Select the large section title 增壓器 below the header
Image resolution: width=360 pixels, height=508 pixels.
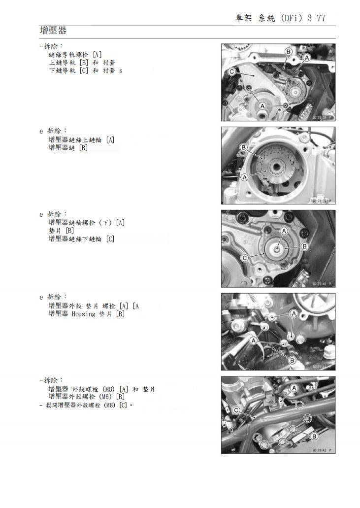53,31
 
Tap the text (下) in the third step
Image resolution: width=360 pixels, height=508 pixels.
106,223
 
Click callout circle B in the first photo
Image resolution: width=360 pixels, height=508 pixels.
289,52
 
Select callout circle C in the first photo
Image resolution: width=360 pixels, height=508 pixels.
231,72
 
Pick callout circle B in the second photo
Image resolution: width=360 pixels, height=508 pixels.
243,147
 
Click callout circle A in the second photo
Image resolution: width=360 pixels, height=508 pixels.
244,177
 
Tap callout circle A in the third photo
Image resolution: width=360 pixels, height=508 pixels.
284,231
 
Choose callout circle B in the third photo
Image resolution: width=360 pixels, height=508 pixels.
304,246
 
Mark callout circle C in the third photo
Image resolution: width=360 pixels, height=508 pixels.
244,258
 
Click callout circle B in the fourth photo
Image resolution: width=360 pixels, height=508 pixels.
292,361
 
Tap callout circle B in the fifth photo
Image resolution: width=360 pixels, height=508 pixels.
314,436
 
